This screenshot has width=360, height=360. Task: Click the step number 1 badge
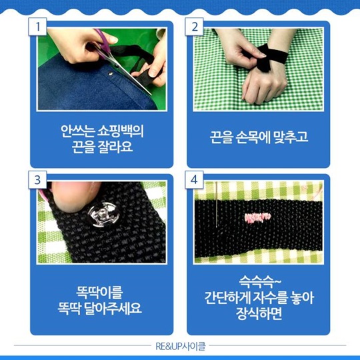[37, 27]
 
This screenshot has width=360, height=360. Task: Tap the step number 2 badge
[194, 27]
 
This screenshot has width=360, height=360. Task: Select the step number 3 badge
[37, 180]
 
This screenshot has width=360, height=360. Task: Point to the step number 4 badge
[194, 180]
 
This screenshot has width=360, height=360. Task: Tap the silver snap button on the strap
[104, 215]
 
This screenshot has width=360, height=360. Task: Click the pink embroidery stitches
[257, 218]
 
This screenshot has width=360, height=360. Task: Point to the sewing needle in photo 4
[216, 205]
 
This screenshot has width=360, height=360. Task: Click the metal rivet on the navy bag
[111, 74]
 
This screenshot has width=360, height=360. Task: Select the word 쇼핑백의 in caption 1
[121, 131]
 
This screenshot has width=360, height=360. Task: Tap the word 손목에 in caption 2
[253, 137]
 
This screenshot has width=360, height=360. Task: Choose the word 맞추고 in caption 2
[291, 137]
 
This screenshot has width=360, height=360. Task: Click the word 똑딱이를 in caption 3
[99, 293]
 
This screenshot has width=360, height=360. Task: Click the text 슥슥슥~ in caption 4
[260, 282]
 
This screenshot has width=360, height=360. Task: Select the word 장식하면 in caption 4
[259, 313]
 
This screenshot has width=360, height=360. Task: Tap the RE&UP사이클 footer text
[181, 347]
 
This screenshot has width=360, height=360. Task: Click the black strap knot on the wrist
[264, 57]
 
